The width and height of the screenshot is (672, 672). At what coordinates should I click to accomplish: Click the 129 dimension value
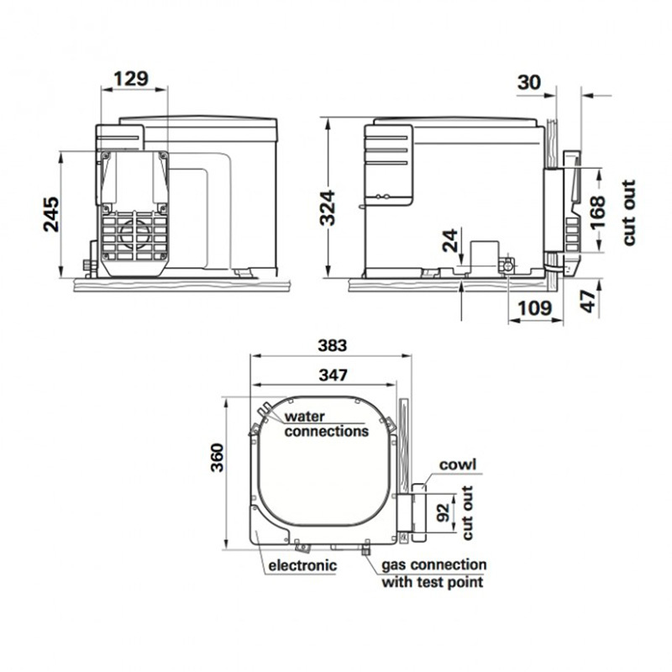131,78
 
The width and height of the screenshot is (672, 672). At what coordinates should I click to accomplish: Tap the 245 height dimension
51,214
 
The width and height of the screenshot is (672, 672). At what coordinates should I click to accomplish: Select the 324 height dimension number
328,207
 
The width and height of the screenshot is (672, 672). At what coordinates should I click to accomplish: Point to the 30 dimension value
529,81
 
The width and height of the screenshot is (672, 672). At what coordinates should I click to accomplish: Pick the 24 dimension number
450,240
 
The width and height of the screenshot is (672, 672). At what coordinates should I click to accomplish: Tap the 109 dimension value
534,307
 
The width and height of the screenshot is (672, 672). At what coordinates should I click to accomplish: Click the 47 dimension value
590,301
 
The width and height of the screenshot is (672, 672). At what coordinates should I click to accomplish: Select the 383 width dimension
333,345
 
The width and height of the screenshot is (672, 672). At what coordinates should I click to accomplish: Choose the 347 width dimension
333,375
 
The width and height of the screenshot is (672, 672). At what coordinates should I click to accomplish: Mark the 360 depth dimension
218,458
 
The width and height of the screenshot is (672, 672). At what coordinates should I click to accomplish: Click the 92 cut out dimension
444,512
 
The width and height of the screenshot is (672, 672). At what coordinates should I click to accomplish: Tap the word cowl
458,465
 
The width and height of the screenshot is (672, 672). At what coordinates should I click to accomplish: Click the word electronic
302,565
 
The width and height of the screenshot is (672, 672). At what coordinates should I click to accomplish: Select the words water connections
327,424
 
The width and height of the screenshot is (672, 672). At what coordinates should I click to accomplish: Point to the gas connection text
433,564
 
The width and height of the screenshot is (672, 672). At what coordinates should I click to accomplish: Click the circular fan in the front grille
135,235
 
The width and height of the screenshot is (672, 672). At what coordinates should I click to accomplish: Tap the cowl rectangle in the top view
419,512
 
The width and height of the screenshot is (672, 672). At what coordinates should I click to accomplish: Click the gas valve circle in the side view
507,266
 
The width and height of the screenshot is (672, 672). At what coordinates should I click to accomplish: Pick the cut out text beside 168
628,213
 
